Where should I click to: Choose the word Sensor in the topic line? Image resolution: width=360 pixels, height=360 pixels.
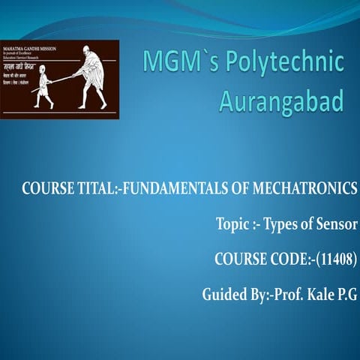coord(335,225)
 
